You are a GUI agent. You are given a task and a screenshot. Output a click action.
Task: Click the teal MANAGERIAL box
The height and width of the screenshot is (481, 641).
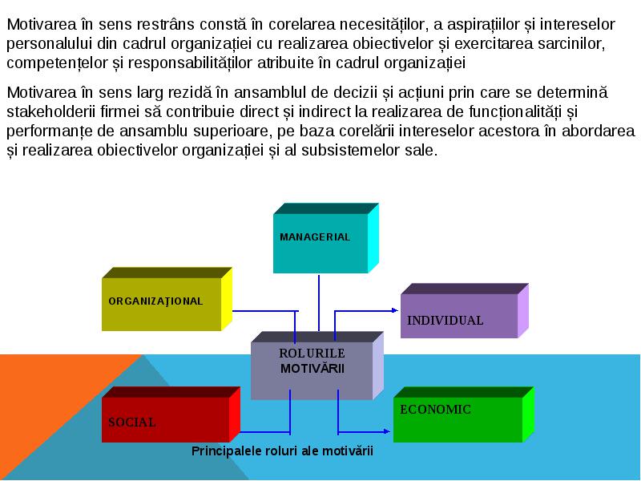click(326, 238)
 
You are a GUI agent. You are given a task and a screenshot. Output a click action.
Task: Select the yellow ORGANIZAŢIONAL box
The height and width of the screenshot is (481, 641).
click(167, 299)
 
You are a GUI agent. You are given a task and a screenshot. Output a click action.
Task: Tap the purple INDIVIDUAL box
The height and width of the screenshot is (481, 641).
click(465, 311)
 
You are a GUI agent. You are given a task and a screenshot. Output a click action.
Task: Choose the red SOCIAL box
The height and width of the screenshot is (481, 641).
click(171, 414)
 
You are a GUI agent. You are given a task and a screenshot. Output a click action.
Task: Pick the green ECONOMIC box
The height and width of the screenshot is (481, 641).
click(464, 414)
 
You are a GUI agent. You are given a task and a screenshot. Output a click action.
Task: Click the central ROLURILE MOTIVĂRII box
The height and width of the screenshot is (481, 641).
click(316, 366)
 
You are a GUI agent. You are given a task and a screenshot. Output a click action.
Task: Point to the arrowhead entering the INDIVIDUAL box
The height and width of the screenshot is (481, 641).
click(395, 310)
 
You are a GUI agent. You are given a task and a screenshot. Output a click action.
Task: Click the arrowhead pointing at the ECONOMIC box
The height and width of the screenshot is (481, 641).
click(387, 431)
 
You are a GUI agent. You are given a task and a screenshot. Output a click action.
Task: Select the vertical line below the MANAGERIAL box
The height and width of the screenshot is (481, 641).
click(319, 303)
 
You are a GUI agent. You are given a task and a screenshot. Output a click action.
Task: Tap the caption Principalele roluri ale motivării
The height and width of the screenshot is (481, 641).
click(282, 451)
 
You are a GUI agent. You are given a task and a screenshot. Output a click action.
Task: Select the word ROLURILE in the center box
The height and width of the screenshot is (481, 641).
click(312, 354)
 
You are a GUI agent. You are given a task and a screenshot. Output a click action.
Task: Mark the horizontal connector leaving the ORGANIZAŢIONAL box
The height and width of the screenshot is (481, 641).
click(265, 311)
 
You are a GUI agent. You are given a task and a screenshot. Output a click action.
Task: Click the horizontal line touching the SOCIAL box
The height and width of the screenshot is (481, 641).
click(265, 432)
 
